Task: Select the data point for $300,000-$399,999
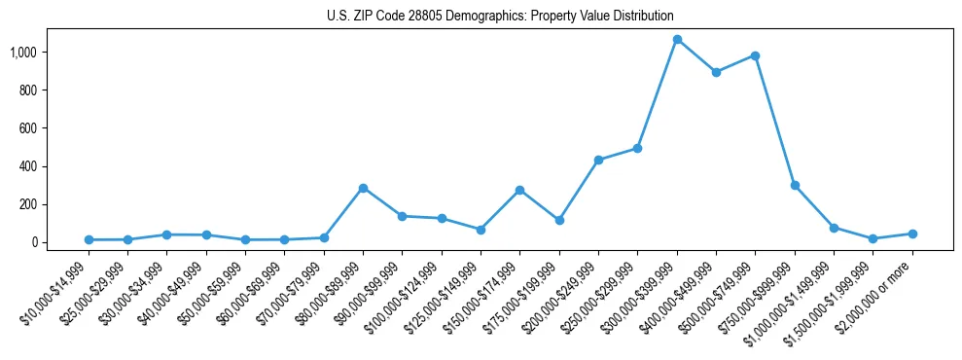(x=677, y=40)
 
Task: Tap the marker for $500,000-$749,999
(x=755, y=55)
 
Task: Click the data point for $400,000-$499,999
(x=716, y=72)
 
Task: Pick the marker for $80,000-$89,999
(x=363, y=188)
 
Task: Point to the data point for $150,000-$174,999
(x=519, y=190)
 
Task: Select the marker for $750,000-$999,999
(x=795, y=185)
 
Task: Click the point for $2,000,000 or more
(x=912, y=234)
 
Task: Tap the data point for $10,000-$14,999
(x=89, y=239)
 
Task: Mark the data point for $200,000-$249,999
(x=598, y=160)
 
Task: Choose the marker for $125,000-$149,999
(x=481, y=230)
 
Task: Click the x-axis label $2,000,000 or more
(x=878, y=292)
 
